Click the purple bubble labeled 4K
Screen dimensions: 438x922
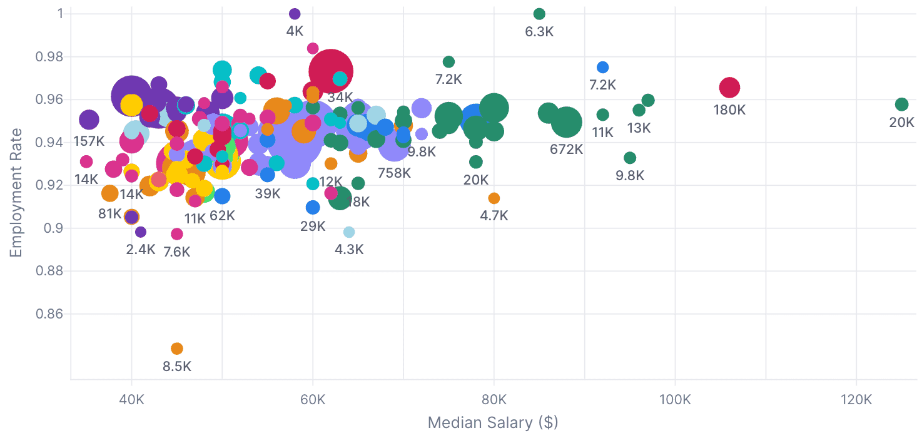(295, 14)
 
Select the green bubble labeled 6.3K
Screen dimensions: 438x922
(539, 14)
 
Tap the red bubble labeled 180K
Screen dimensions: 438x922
(729, 88)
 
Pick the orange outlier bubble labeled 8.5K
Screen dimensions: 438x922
(177, 349)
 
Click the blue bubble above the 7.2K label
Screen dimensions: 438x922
(602, 67)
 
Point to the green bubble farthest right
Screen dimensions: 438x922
(901, 104)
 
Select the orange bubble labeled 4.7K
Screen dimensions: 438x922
(494, 198)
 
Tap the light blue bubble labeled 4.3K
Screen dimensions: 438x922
(349, 232)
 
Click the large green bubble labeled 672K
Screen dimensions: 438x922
(567, 121)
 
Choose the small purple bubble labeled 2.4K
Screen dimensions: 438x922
(141, 232)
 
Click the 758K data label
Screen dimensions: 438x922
(394, 173)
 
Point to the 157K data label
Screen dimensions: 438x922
(89, 141)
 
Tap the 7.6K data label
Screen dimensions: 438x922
(177, 252)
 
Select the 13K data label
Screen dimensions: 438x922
(639, 128)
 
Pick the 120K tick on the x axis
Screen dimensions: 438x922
(856, 399)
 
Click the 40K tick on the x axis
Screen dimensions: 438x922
(131, 399)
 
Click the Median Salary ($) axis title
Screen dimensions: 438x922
(493, 423)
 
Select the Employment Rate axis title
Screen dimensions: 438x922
(16, 193)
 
